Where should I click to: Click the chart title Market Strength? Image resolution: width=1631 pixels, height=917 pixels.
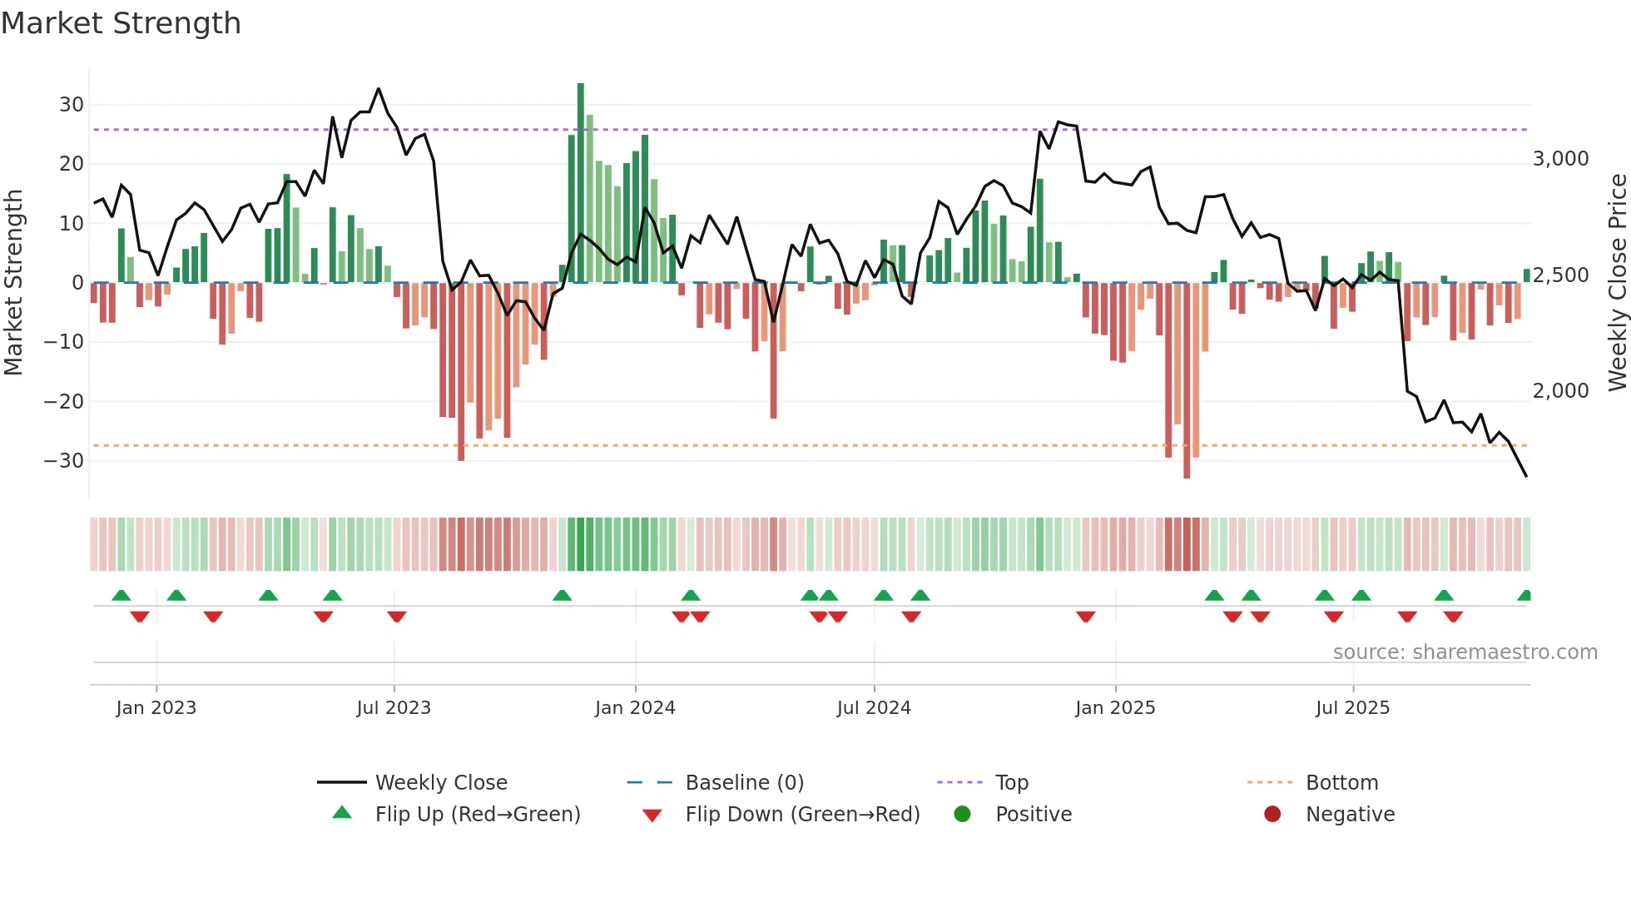(x=121, y=23)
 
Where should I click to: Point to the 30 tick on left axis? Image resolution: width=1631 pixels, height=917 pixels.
(x=72, y=105)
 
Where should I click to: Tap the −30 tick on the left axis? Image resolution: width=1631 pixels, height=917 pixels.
(x=65, y=461)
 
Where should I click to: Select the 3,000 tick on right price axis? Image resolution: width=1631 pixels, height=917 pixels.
(x=1560, y=159)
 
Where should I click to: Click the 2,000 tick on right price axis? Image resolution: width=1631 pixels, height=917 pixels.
(x=1560, y=390)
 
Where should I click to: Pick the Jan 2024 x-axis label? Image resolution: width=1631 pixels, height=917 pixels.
(x=635, y=708)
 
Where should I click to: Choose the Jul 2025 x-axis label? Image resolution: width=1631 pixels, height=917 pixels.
(x=1352, y=708)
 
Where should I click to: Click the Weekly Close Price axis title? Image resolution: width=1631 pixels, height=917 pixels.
(x=1617, y=283)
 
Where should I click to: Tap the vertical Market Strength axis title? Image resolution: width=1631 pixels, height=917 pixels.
(x=14, y=283)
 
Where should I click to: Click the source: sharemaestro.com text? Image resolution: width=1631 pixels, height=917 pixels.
(x=1465, y=652)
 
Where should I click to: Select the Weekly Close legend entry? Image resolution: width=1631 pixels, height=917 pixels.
(x=441, y=783)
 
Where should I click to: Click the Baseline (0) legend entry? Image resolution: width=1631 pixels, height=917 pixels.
(x=744, y=783)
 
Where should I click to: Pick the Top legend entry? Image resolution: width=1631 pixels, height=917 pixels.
(x=1011, y=783)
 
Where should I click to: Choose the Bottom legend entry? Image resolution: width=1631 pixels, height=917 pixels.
(x=1341, y=783)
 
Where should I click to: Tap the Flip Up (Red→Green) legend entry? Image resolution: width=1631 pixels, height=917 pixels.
(x=477, y=815)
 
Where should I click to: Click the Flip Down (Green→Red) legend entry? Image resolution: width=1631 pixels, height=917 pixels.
(x=802, y=815)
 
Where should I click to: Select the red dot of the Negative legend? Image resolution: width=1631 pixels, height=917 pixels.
(x=1272, y=815)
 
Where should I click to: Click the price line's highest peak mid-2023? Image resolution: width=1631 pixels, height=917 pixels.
(x=379, y=89)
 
